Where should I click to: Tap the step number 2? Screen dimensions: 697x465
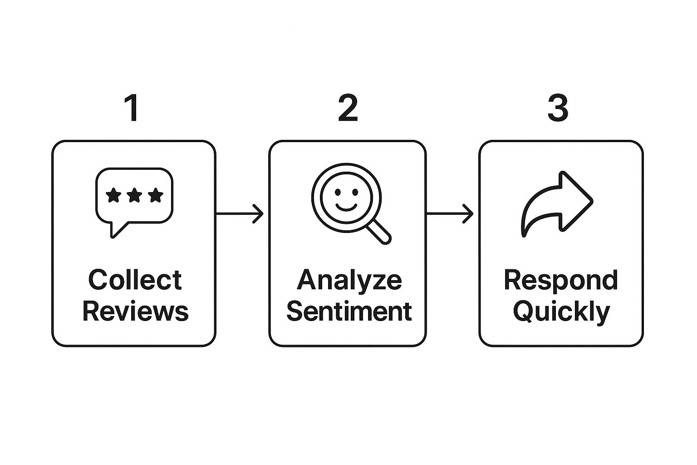(x=348, y=108)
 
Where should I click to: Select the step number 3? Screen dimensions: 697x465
(x=558, y=108)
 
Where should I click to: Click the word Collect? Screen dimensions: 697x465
(x=135, y=279)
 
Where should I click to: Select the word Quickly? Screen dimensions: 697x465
(x=561, y=313)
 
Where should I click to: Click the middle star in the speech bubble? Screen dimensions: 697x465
(x=134, y=195)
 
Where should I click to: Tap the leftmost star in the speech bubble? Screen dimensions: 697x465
(x=113, y=195)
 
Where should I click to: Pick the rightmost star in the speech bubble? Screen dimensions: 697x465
(x=156, y=195)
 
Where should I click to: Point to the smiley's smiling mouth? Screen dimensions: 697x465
(x=346, y=208)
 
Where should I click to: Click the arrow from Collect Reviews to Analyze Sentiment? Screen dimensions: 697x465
(x=240, y=214)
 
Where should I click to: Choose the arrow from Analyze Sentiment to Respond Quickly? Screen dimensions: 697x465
(x=450, y=214)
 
